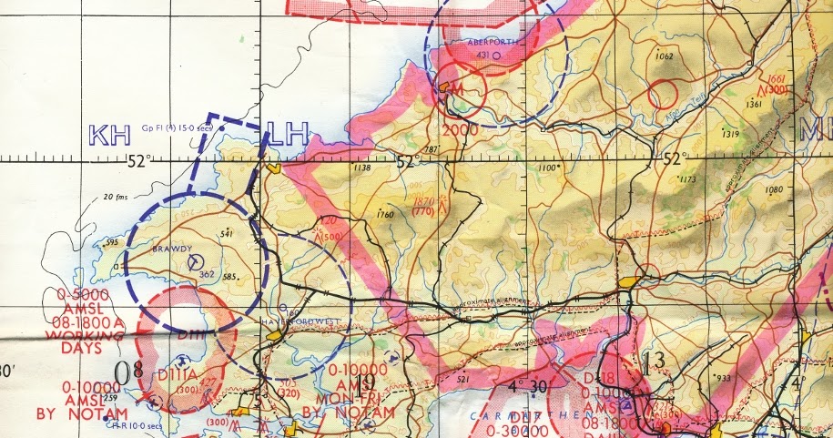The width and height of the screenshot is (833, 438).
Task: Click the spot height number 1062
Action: coord(663,56)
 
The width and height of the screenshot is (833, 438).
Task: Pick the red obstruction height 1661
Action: coord(775,80)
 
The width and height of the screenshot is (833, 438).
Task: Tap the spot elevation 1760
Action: coord(384,214)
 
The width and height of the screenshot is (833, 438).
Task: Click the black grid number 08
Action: coord(130,370)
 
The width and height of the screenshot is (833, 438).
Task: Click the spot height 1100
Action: coord(546,168)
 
